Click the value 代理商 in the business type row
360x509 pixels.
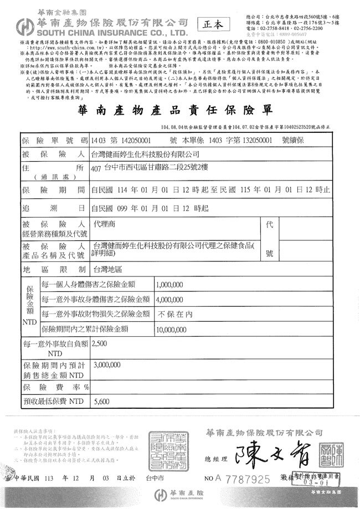point(104,227)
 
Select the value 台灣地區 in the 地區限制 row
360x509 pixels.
point(107,269)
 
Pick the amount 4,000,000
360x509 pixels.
point(170,300)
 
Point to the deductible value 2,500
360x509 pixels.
point(101,344)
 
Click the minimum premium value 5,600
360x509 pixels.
point(102,402)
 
